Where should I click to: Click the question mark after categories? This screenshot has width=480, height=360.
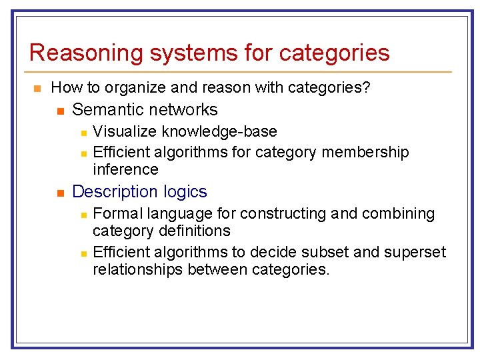pos(367,87)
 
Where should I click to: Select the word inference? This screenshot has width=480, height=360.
pos(125,169)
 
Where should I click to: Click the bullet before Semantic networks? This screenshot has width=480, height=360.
pos(60,110)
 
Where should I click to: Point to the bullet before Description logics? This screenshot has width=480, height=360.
pos(60,193)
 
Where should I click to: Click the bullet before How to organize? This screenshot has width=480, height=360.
pos(37,88)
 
